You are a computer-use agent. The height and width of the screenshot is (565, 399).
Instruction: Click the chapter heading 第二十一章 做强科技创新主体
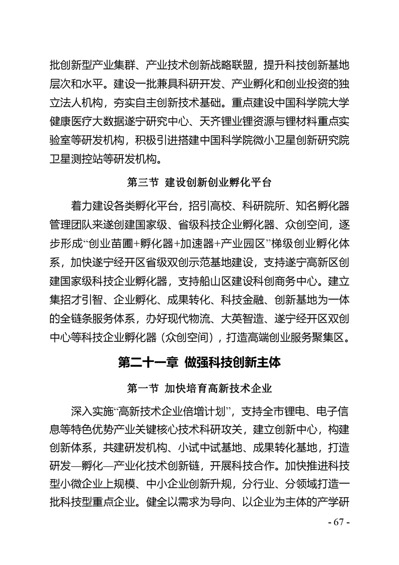click(x=199, y=363)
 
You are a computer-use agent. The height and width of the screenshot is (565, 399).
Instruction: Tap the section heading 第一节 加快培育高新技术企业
click(x=199, y=388)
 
